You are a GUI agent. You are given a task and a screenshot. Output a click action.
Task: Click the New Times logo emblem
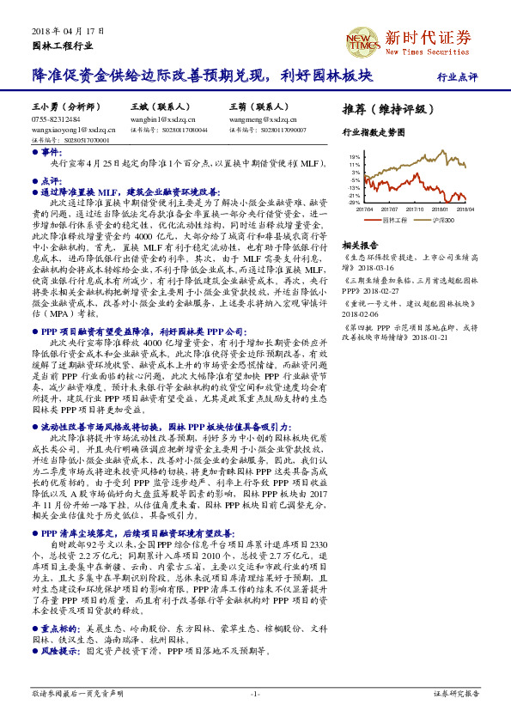click(x=362, y=39)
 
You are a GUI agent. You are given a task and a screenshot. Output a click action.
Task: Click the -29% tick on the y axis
click(x=355, y=202)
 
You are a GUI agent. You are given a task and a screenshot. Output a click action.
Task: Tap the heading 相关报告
click(x=356, y=244)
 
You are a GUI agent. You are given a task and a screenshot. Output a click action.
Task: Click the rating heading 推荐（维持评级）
click(x=383, y=110)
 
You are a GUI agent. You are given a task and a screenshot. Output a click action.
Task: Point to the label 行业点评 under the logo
click(x=457, y=76)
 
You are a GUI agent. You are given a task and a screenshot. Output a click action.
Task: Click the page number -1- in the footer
click(x=255, y=692)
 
